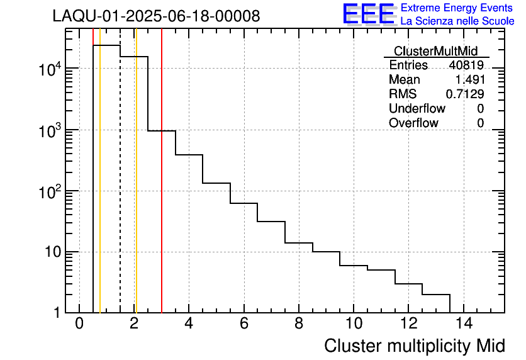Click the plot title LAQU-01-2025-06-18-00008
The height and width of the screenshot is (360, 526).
tap(156, 16)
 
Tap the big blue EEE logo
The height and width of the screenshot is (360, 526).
tap(369, 14)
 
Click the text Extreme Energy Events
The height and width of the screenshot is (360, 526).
tap(457, 8)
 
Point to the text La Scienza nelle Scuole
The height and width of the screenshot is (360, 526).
tap(457, 21)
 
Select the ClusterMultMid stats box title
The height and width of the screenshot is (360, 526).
tap(436, 51)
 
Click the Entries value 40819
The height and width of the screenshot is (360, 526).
tap(466, 65)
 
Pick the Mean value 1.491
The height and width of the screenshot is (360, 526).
tap(469, 80)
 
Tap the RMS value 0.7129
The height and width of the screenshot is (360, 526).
tap(465, 94)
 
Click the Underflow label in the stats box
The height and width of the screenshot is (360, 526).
tap(418, 109)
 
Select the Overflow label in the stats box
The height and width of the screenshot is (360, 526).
tap(413, 123)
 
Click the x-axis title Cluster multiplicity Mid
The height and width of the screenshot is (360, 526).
tap(414, 346)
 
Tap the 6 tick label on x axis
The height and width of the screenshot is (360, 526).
tap(243, 324)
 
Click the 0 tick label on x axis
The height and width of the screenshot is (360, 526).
tap(79, 324)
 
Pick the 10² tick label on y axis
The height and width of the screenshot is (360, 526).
tap(50, 191)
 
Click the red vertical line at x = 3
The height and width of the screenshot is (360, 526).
tap(162, 189)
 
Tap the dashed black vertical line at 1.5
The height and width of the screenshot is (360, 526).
tap(120, 189)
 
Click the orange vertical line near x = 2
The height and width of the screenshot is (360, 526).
tap(136, 189)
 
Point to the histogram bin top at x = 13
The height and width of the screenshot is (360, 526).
tap(435, 294)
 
